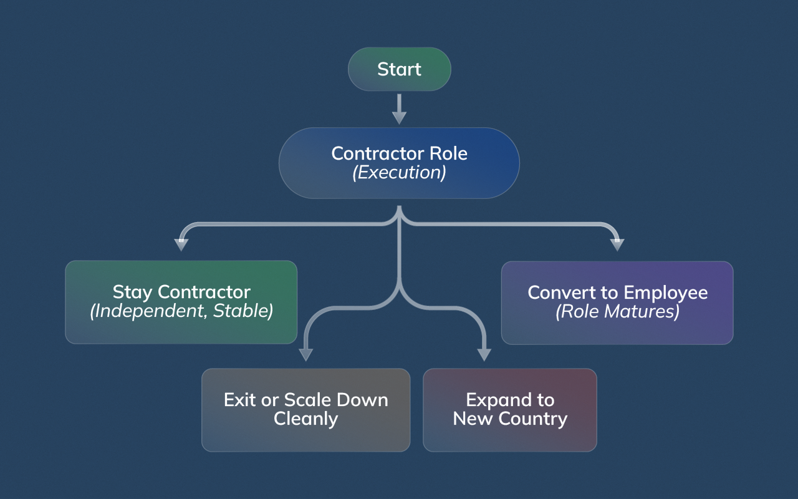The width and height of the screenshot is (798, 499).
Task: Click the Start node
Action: (399, 69)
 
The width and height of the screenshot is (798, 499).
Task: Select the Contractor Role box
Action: (399, 163)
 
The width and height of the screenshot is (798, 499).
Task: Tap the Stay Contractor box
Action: (181, 302)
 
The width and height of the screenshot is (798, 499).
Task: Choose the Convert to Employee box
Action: (617, 302)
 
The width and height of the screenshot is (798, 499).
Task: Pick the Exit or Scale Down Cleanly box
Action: (305, 410)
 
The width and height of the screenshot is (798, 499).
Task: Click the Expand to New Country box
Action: (510, 410)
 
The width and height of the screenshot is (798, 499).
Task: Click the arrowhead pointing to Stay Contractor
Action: (181, 244)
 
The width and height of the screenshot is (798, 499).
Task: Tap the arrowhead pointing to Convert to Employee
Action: (617, 244)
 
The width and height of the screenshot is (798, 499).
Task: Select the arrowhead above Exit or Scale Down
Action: (305, 354)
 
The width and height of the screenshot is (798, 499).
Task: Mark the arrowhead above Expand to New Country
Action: (484, 354)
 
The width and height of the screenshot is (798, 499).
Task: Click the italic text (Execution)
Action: (399, 173)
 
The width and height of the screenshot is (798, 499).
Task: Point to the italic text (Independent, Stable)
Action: (181, 311)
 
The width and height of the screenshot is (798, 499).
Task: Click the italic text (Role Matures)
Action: (617, 311)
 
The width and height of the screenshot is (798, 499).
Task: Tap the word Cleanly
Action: (305, 419)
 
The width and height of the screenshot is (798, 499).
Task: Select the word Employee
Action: (665, 293)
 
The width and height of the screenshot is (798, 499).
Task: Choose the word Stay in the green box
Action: (133, 292)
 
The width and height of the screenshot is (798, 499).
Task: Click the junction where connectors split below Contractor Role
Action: (399, 221)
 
